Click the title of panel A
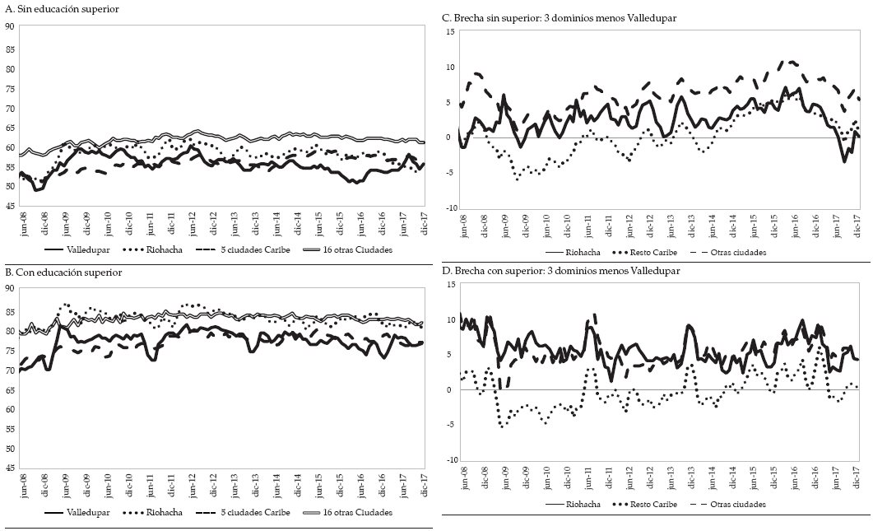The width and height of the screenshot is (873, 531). [62, 9]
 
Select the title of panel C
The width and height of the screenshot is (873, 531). [559, 17]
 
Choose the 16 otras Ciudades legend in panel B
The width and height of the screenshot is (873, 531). [358, 512]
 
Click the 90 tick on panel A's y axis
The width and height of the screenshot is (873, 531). [9, 27]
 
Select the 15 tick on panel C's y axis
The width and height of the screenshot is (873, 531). [449, 32]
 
